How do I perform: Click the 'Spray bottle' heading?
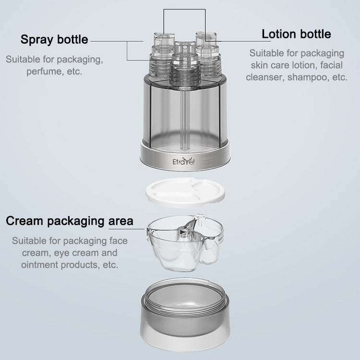(x=54, y=39)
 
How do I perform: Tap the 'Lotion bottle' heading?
(x=296, y=34)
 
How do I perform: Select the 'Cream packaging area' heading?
(x=70, y=221)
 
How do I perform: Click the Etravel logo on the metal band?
(x=183, y=161)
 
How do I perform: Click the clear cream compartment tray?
(x=185, y=242)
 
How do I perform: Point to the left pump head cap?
(x=164, y=39)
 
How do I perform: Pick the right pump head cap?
(x=206, y=38)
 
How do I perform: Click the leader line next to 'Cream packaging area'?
(x=127, y=228)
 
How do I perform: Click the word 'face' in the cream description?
(x=119, y=241)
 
